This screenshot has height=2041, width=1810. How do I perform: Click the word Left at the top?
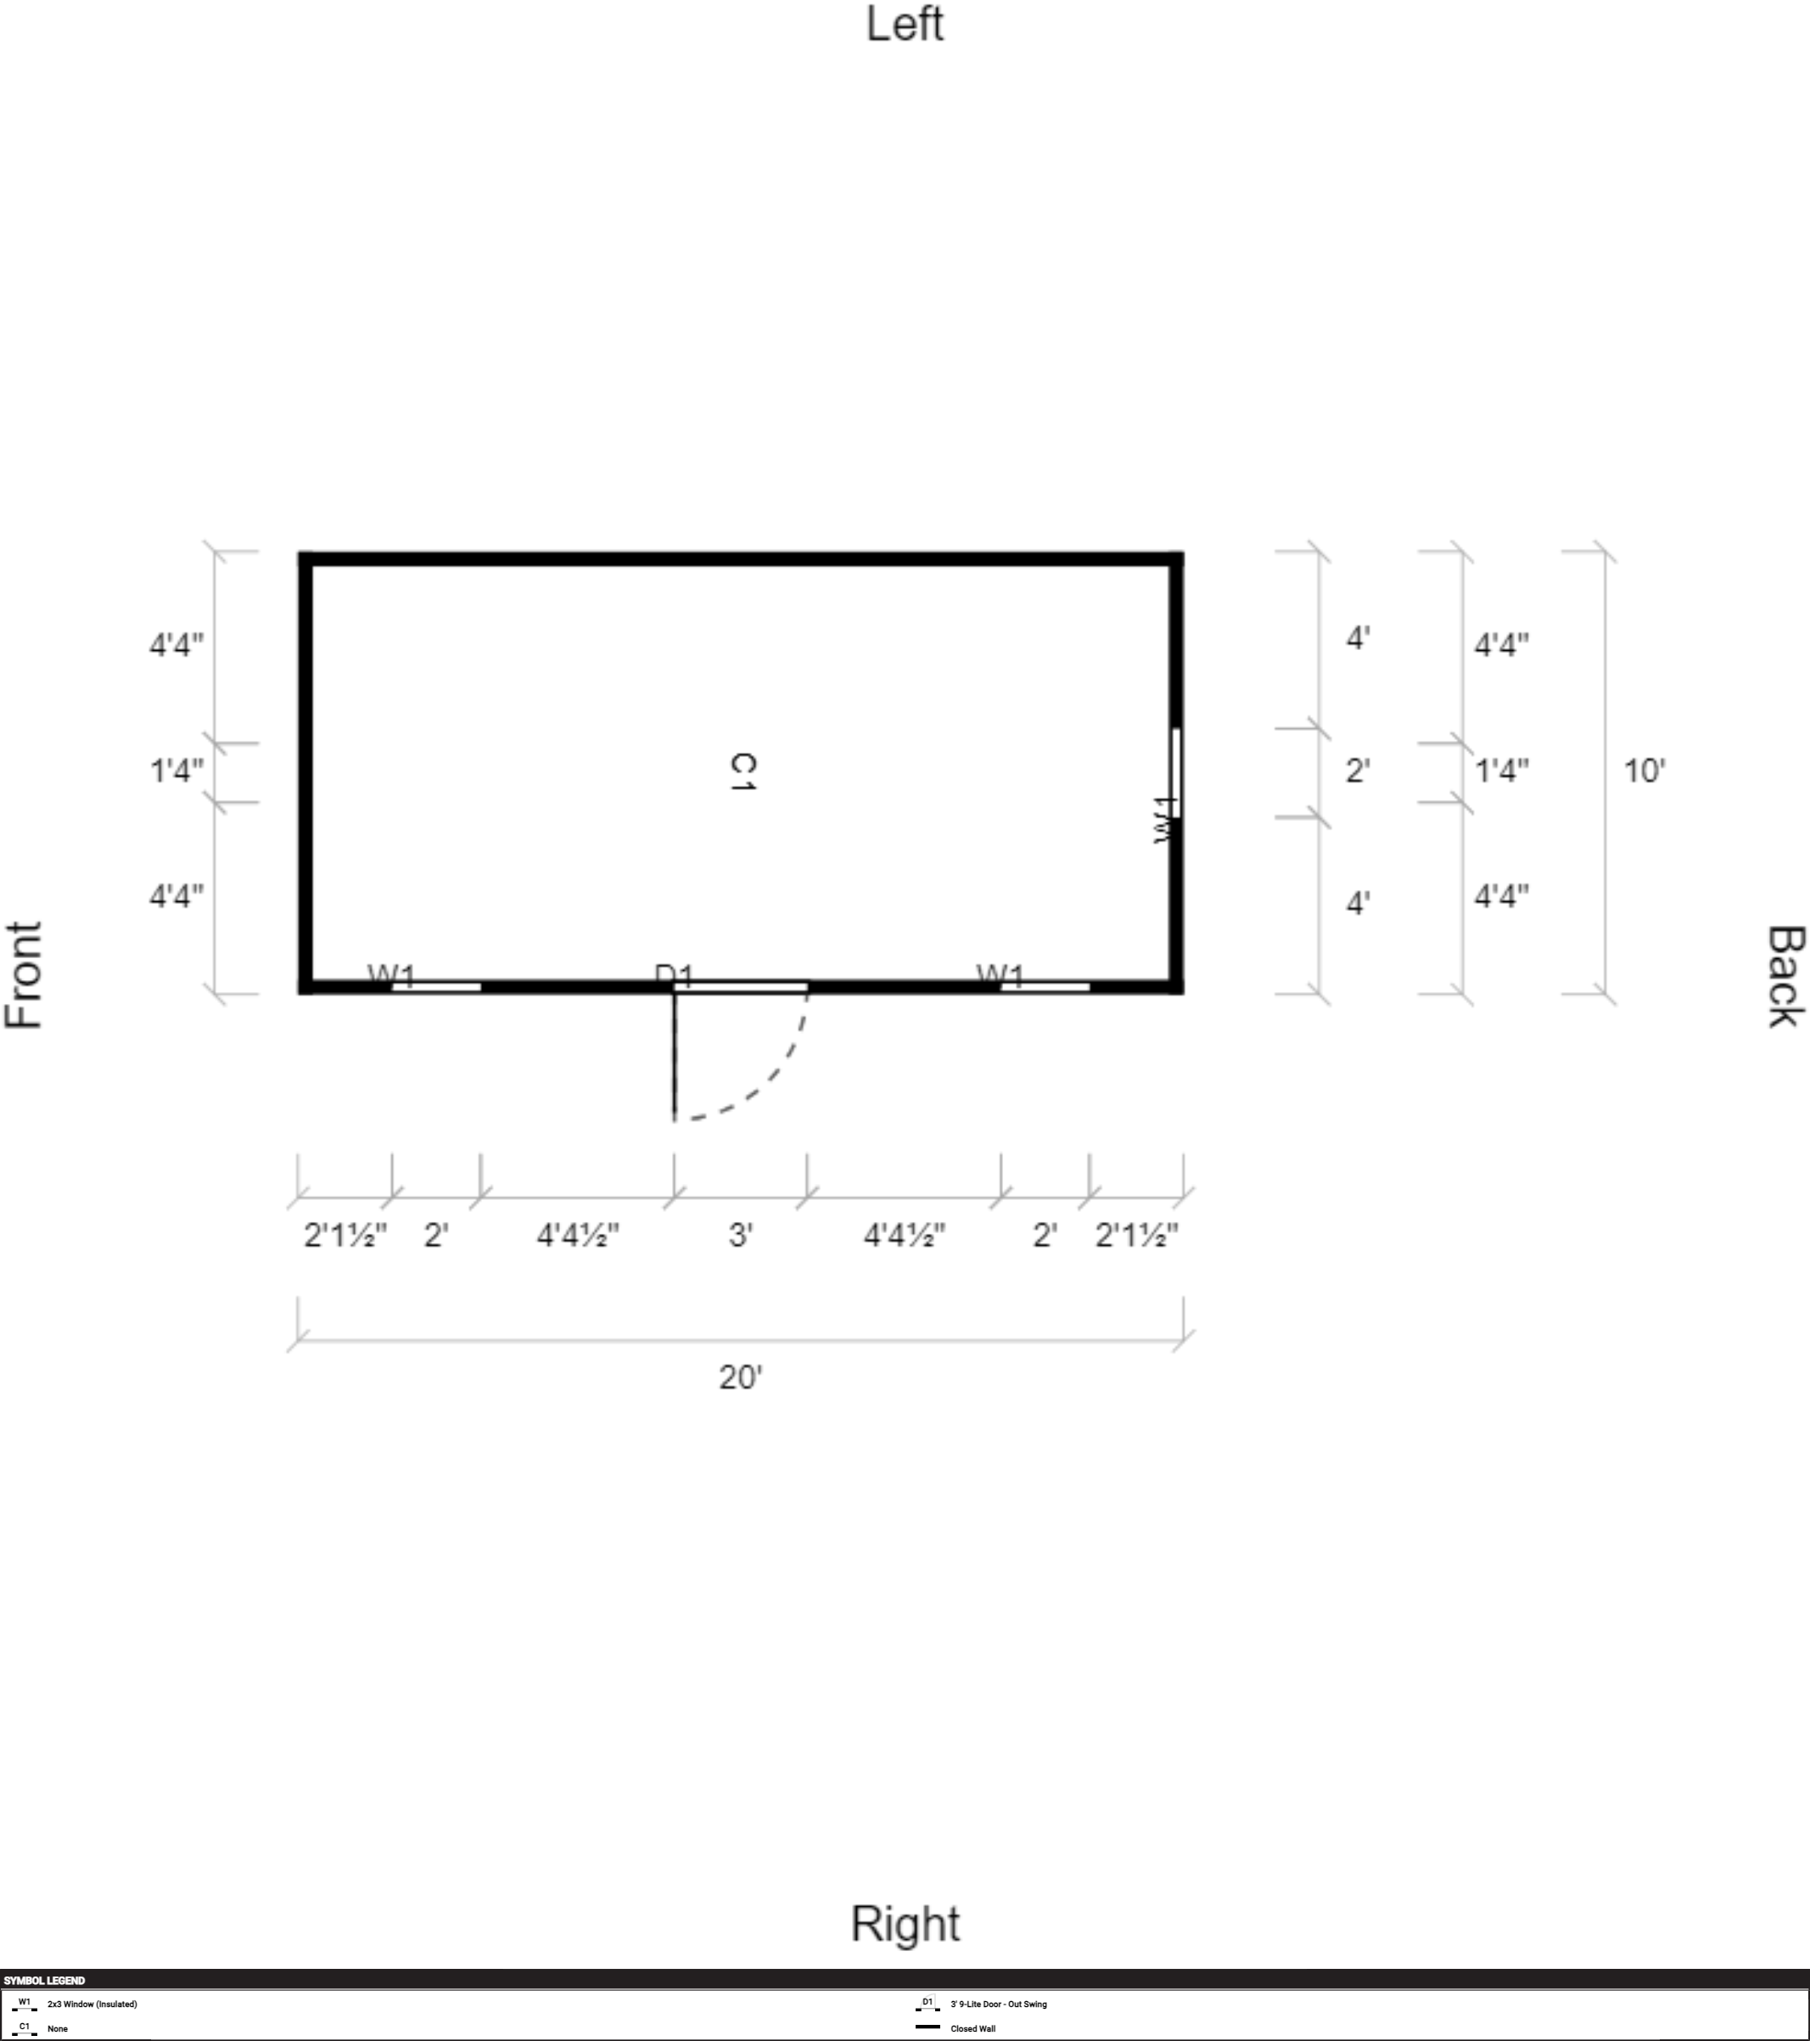coord(905,24)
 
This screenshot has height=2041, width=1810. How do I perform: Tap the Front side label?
coord(24,974)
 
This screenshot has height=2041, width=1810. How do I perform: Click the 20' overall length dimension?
coord(740,1378)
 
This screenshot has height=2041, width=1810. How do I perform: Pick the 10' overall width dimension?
coord(1644,771)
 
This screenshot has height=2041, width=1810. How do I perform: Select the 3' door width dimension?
coord(740,1235)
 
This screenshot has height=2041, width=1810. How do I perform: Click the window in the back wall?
coord(1176,772)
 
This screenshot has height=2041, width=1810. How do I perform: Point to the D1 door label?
coord(674,973)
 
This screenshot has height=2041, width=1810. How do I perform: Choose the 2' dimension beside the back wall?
coord(1357,771)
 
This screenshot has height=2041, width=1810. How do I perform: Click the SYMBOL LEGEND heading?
coord(45,1980)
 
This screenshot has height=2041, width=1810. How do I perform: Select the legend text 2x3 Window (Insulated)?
coord(92,2004)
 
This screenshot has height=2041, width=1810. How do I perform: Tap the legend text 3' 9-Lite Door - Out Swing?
coord(999,2004)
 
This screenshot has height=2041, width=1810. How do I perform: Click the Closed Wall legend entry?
coord(972,2028)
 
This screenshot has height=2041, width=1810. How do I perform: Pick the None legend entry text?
coord(58,2028)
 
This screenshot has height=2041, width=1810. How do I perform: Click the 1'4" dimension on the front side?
coord(177,771)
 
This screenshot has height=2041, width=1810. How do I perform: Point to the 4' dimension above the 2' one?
coord(1357,638)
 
